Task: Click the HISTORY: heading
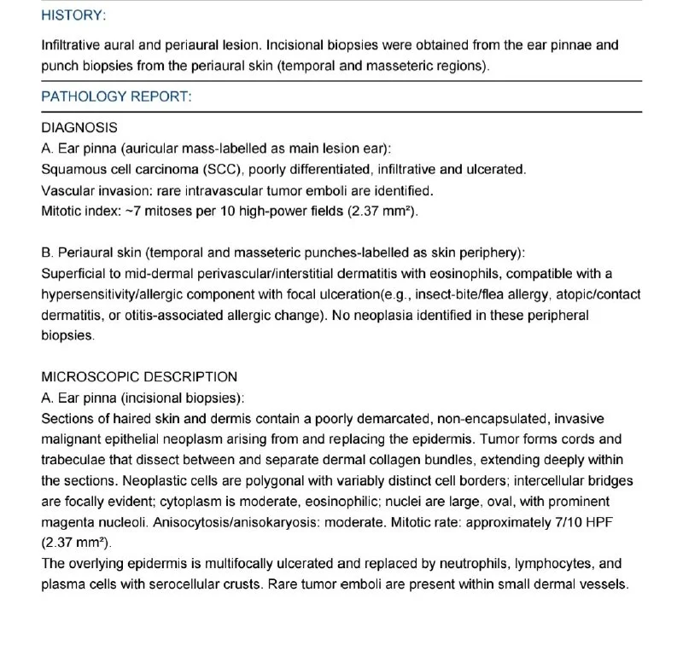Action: pos(73,16)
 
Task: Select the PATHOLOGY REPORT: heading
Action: pos(116,96)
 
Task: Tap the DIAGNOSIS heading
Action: pos(79,128)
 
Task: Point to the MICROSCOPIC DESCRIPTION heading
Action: pos(139,376)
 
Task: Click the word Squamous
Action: pos(72,169)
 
